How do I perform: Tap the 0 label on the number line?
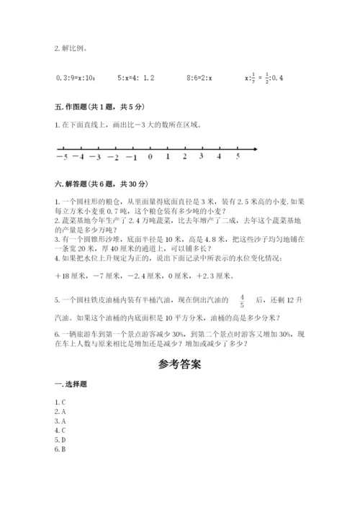point(150,156)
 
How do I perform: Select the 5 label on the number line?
point(238,156)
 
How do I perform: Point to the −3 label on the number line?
point(96,156)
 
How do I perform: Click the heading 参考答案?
point(180,364)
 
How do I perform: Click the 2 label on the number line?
point(185,156)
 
